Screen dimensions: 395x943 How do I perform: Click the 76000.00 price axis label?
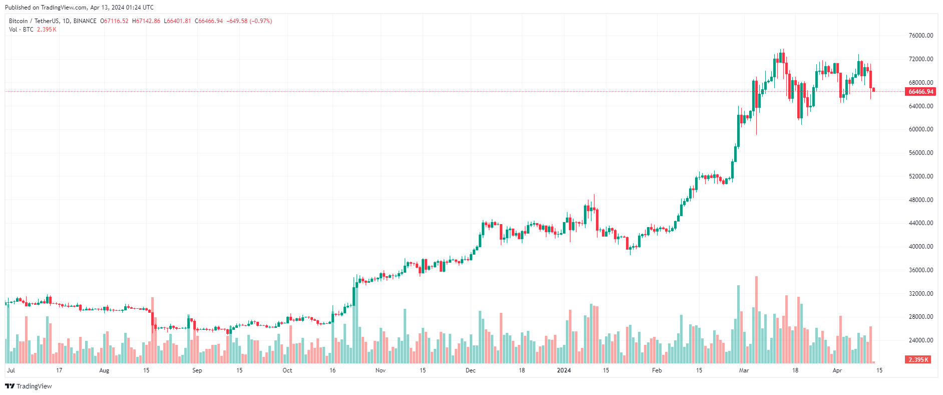tap(920, 36)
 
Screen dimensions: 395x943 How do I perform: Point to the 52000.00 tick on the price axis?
tap(920, 176)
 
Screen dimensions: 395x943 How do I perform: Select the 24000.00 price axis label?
tap(920, 340)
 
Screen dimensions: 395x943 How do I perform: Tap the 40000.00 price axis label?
tap(920, 247)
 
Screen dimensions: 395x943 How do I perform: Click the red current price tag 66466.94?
tap(920, 92)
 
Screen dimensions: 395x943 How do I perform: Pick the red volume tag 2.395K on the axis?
tap(918, 360)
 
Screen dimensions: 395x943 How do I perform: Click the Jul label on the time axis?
tap(11, 370)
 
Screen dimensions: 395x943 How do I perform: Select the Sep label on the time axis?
tap(197, 370)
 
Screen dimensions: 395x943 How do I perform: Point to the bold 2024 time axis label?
tap(564, 370)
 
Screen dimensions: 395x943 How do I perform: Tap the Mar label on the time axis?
tap(744, 370)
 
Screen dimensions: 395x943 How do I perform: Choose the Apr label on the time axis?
tap(837, 370)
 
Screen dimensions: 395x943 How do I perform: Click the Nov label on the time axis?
tap(380, 370)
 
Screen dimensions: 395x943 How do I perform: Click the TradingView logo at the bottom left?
tap(29, 386)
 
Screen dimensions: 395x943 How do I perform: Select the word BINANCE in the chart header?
tap(85, 21)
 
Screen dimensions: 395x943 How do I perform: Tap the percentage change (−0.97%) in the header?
tap(261, 21)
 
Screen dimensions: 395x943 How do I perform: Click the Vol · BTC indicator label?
tap(21, 30)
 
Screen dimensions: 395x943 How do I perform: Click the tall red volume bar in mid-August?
tap(152, 331)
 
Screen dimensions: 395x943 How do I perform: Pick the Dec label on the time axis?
tap(470, 370)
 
